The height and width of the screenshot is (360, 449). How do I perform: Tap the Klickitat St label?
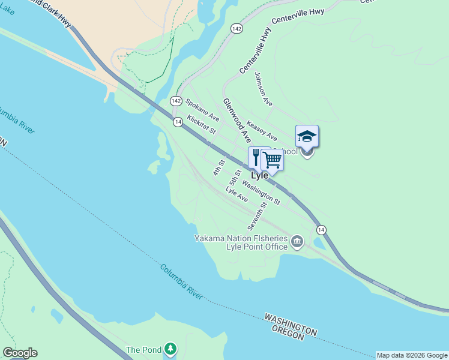tap(201, 124)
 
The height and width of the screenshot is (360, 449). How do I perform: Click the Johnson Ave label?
tap(264, 89)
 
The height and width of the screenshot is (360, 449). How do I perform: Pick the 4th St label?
tap(218, 167)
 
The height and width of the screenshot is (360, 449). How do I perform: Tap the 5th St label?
tap(235, 177)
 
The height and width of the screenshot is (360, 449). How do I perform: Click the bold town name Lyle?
tap(259, 176)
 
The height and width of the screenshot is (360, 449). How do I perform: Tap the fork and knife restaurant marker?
tap(256, 158)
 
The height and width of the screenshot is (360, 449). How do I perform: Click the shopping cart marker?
tap(272, 160)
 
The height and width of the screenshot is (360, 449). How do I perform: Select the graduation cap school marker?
tap(307, 136)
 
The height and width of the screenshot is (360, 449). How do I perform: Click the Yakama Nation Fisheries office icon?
tap(297, 242)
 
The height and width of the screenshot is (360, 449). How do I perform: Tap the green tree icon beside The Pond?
tap(171, 349)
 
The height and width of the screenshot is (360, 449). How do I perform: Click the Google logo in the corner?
tap(20, 353)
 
